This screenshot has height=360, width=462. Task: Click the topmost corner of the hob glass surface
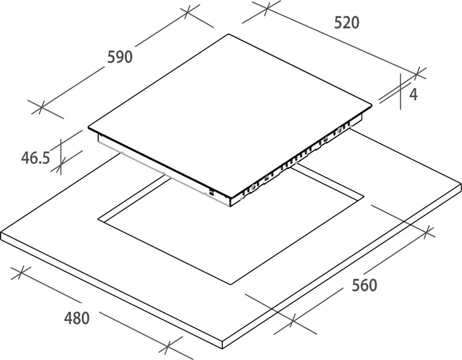coord(228,34)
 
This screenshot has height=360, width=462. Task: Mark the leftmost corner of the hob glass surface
coord(88,128)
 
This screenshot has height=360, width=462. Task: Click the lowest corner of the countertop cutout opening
coord(230,285)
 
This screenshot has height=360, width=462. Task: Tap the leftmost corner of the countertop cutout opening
coord(98,219)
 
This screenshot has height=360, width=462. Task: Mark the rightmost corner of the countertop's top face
coord(461,183)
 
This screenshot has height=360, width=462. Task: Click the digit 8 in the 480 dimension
coord(77,318)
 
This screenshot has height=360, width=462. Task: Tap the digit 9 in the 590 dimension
coord(120,57)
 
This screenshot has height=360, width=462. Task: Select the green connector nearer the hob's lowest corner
coord(267,177)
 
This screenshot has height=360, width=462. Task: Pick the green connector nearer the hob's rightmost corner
coord(326,139)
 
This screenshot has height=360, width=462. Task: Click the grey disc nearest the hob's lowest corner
coord(253,186)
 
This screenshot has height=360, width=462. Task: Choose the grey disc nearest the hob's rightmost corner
coord(340,129)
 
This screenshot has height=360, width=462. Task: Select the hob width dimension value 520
coord(347,23)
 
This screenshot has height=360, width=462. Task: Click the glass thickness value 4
coord(413,95)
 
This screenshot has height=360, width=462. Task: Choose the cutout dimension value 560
coord(365,286)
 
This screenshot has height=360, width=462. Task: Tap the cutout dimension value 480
coord(77,318)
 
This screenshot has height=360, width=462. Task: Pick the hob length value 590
coord(120,57)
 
